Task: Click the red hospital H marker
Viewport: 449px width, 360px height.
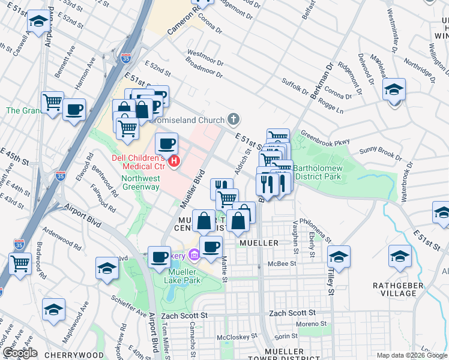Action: (175, 161)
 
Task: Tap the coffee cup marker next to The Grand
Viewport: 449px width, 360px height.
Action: (74, 110)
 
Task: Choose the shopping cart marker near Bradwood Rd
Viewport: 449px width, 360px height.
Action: (20, 263)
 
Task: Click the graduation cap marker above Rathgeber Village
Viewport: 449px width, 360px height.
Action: (400, 256)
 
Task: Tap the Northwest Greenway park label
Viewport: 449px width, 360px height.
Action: (140, 182)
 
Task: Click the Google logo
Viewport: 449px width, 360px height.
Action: (20, 353)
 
